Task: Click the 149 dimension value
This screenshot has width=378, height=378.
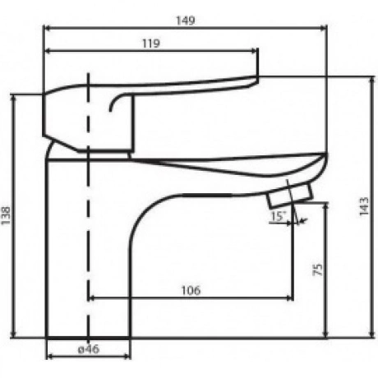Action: pyautogui.click(x=186, y=21)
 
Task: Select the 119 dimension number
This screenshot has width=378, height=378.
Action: pyautogui.click(x=151, y=44)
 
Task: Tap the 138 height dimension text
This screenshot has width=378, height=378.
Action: pyautogui.click(x=6, y=215)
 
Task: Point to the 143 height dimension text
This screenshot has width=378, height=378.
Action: pyautogui.click(x=364, y=206)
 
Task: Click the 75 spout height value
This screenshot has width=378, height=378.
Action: pyautogui.click(x=318, y=270)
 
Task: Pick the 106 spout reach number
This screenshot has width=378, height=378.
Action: pyautogui.click(x=191, y=290)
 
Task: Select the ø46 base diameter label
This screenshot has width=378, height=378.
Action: pyautogui.click(x=89, y=349)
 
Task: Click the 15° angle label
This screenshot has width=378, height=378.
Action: pyautogui.click(x=278, y=216)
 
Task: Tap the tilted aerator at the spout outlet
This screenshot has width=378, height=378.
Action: pyautogui.click(x=290, y=196)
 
